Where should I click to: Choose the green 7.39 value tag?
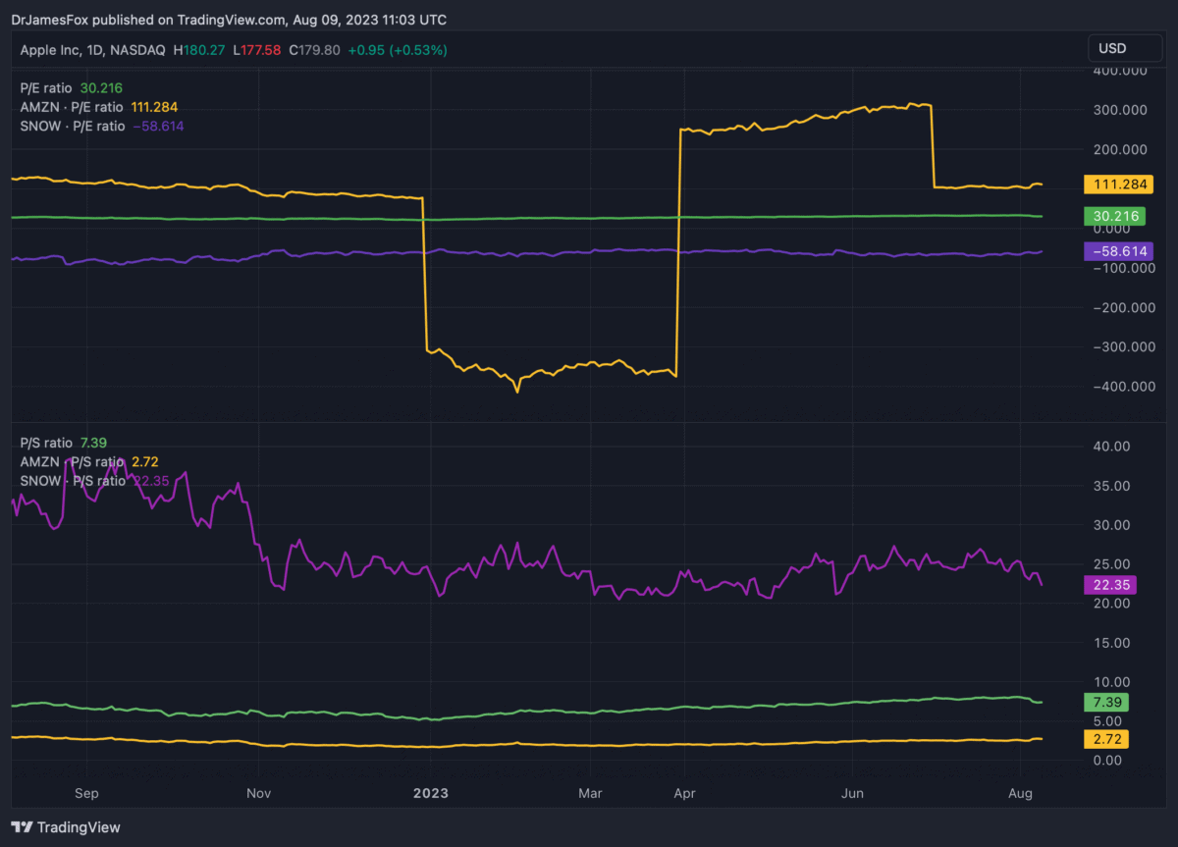pos(1106,703)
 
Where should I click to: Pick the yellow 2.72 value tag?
pos(1106,737)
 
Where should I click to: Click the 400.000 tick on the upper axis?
pos(1118,72)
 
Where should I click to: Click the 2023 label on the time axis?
pos(429,791)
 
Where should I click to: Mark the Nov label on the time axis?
pos(259,791)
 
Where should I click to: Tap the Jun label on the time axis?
pos(852,791)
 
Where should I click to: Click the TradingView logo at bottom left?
pos(66,827)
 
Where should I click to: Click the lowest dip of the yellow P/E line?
pos(517,392)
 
